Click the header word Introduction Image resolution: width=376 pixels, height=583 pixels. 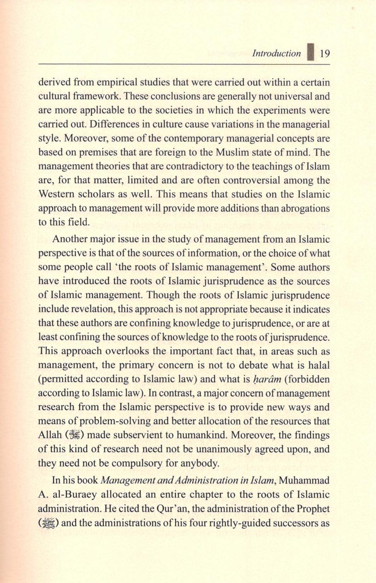coord(276,54)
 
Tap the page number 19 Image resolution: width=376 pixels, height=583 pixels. coord(324,54)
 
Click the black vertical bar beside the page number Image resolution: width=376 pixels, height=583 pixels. coord(311,53)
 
